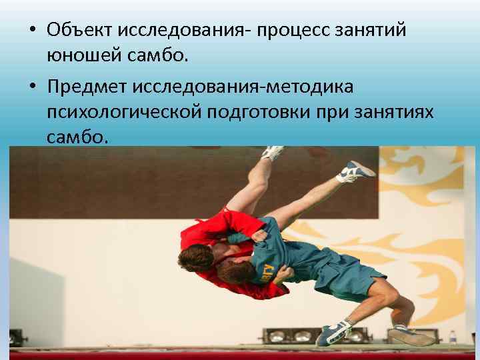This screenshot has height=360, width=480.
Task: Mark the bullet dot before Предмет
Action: (33, 88)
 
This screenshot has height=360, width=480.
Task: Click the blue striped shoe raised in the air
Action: (355, 171)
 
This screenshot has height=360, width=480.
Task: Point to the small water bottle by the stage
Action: (453, 337)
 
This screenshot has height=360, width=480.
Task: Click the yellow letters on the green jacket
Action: (267, 271)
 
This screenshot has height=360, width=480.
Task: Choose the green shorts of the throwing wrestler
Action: (347, 273)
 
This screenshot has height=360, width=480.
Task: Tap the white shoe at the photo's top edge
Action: (273, 153)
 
